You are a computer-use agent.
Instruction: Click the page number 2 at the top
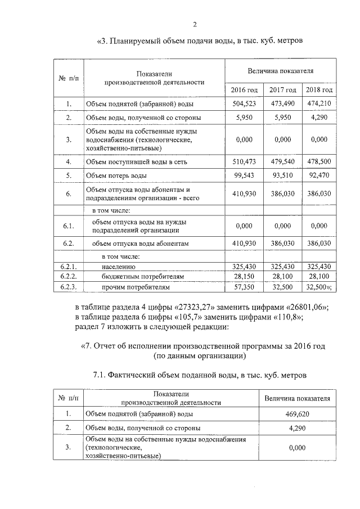tap(195, 24)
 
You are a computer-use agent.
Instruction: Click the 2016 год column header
tap(245, 90)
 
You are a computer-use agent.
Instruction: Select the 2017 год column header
tap(282, 90)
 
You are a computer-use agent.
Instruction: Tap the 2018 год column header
tap(319, 90)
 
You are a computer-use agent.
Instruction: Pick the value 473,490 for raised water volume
tap(282, 104)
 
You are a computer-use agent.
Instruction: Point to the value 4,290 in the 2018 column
tap(319, 118)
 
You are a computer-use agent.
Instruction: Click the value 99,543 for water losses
tap(245, 175)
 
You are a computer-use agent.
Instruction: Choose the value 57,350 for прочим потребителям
tap(245, 287)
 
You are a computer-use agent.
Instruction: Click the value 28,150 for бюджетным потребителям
tap(245, 277)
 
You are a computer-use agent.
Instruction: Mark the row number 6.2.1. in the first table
tap(68, 267)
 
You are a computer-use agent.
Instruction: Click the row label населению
tap(120, 267)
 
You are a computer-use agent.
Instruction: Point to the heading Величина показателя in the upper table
tap(281, 71)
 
